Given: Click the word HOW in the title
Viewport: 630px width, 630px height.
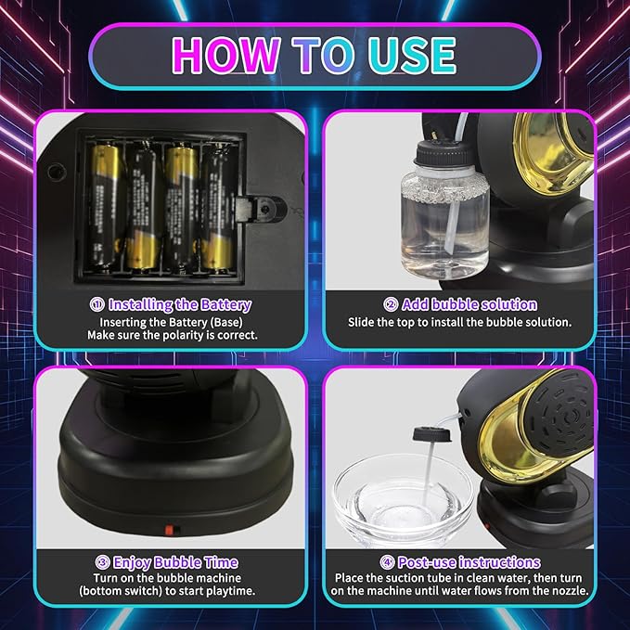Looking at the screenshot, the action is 226,55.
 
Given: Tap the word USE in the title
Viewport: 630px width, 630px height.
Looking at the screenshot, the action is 412,55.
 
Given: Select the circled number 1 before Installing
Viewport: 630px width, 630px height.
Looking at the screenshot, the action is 97,304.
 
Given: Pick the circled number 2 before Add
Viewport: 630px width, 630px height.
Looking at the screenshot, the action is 391,304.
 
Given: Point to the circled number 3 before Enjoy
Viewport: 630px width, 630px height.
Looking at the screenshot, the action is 103,562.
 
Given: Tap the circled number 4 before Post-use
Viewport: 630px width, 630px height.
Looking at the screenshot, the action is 387,562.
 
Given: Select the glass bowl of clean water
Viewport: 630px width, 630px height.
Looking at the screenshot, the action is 403,501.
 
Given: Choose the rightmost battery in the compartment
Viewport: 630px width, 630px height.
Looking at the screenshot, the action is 218,209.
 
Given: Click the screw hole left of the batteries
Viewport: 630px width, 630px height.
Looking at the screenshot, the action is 57,173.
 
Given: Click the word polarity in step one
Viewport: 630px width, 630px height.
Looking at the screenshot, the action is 181,335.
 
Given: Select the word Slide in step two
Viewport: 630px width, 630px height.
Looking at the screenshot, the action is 361,322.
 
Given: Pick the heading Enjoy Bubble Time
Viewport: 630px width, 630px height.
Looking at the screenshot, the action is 175,562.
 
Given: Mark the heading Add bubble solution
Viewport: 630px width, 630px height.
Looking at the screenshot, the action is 469,304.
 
